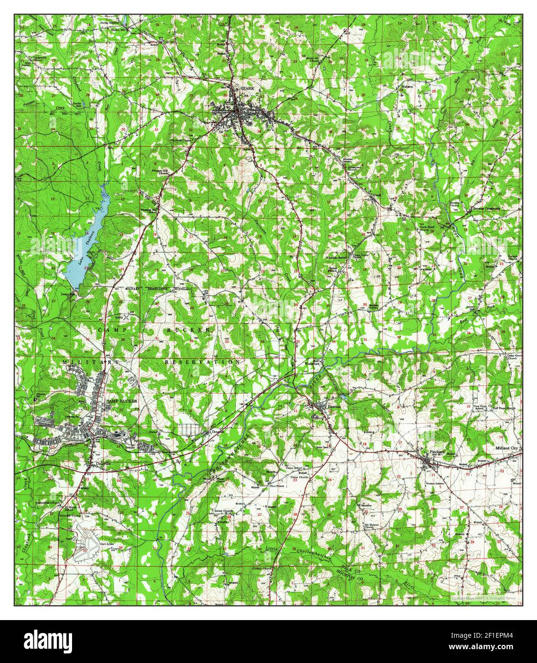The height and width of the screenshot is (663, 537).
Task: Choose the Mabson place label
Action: (x=407, y=86)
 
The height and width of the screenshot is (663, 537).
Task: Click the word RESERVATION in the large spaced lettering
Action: (x=203, y=363)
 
